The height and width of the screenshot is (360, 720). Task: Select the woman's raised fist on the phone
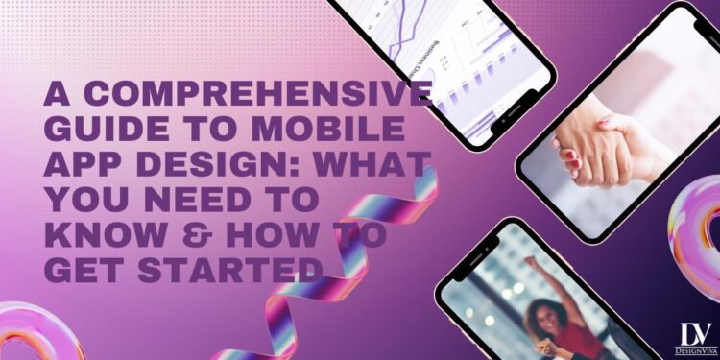tap(531, 262)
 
